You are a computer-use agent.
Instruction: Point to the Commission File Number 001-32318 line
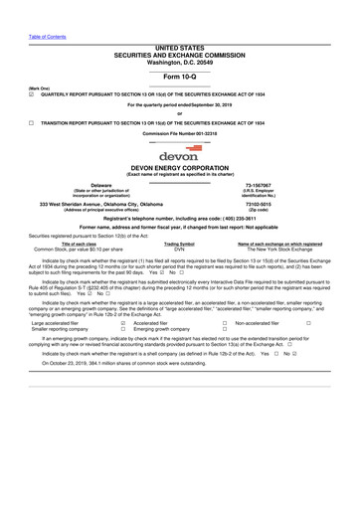click(179, 132)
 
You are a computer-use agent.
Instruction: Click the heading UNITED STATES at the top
click(179, 47)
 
